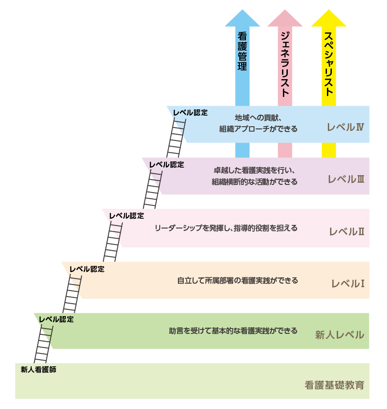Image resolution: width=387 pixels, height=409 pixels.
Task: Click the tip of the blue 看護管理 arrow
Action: tap(242, 11)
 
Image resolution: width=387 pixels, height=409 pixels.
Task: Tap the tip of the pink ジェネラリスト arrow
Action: tap(285, 11)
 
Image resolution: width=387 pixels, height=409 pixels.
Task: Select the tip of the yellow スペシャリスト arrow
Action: tap(329, 11)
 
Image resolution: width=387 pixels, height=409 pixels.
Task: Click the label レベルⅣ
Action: tap(345, 127)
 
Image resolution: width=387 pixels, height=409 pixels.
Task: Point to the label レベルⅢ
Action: tap(346, 180)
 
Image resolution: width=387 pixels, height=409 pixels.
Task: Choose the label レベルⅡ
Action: tap(347, 232)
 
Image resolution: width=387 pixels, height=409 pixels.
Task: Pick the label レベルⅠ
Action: tap(348, 283)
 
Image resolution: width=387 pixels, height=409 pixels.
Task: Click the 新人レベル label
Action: tap(339, 335)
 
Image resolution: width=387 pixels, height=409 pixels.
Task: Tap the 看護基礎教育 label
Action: tap(335, 385)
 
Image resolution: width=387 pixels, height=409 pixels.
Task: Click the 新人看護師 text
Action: tap(39, 369)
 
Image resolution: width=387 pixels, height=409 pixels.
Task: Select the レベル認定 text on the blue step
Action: tap(190, 112)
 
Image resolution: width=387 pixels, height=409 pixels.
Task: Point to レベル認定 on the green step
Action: tap(56, 319)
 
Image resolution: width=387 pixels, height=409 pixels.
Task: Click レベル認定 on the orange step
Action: tap(87, 269)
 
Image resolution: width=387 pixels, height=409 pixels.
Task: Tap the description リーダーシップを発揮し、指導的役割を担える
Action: tap(226, 228)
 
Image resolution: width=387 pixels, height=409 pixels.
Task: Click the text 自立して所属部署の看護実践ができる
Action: tap(238, 281)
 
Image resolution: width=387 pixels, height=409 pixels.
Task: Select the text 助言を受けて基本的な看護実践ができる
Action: tap(233, 331)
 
